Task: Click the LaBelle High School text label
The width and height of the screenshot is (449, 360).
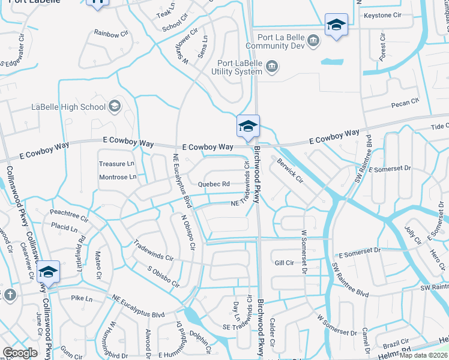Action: [68, 107]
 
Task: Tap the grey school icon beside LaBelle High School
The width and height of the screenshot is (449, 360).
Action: [114, 107]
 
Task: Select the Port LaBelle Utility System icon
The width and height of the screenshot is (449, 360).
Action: [272, 65]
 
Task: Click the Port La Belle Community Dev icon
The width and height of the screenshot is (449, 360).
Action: [313, 40]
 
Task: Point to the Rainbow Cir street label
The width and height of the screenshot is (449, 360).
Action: [111, 34]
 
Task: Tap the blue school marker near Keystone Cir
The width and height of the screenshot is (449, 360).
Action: [336, 25]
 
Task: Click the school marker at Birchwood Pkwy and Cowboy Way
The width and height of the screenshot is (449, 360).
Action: [248, 127]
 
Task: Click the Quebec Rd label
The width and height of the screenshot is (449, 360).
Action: [214, 184]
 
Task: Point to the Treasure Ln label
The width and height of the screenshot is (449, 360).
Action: [117, 164]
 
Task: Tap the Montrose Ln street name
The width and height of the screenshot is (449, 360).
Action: [118, 177]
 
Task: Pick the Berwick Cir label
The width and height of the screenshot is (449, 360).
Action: [290, 170]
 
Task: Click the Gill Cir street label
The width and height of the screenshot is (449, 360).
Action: [284, 263]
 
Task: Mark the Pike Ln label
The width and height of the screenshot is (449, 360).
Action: [82, 298]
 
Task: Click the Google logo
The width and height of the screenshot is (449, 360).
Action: [20, 353]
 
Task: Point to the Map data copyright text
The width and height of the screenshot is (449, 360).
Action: [424, 355]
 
